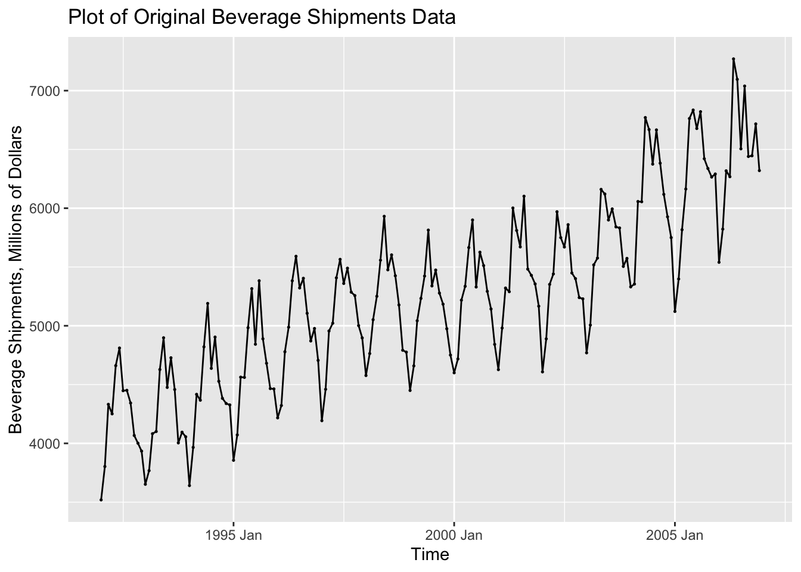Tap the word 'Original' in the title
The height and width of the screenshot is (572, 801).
173,17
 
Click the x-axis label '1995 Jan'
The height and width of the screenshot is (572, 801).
233,534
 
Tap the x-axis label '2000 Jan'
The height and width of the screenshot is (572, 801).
454,534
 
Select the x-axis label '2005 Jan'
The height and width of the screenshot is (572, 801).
674,534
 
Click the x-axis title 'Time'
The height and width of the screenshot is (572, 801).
430,555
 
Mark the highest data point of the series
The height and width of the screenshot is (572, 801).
733,59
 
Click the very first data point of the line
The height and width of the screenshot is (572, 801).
101,499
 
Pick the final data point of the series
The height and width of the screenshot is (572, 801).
759,170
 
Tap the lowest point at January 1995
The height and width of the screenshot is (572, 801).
233,460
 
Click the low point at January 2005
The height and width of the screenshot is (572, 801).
675,311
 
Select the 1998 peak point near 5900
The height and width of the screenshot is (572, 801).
384,216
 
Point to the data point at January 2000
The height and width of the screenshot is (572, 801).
454,372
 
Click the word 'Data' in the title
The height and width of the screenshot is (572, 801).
436,17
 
